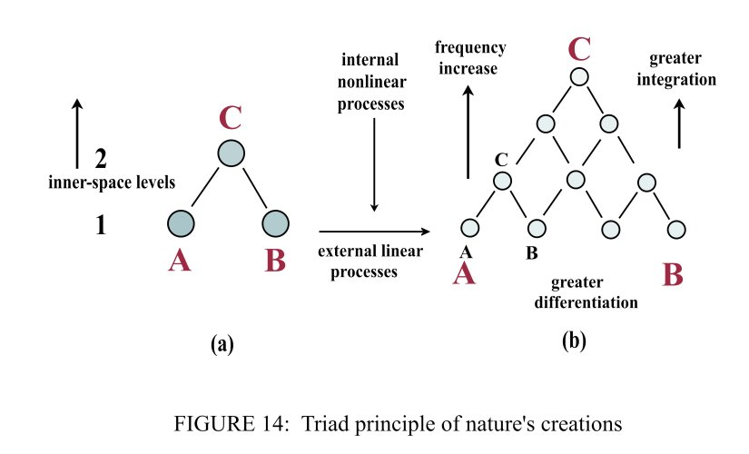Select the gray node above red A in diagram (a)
182,222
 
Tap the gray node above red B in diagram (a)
275,222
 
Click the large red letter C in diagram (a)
232,118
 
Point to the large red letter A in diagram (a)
180,261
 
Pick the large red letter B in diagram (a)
275,261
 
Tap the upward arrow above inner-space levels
76,136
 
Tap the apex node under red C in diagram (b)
581,76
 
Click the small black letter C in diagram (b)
500,160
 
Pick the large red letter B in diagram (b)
673,272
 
